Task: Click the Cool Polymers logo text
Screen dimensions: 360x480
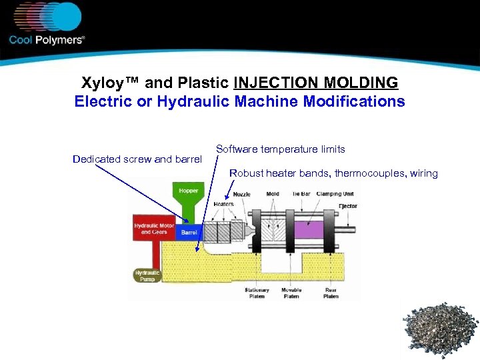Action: (47, 40)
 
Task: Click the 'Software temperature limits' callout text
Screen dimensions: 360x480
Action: (281, 149)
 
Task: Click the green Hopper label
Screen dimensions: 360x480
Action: (188, 191)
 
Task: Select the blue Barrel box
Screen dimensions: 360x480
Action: (189, 233)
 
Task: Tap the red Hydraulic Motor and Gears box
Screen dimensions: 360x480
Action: (153, 229)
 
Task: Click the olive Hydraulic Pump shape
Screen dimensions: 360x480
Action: (147, 275)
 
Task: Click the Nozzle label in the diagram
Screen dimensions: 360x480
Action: (243, 195)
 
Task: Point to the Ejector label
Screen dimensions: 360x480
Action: (347, 206)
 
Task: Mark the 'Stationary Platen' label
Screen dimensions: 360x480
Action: (257, 293)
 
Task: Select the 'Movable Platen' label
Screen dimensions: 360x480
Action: (291, 293)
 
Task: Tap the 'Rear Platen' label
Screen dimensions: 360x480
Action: (331, 293)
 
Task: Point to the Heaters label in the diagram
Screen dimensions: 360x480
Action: (223, 204)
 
